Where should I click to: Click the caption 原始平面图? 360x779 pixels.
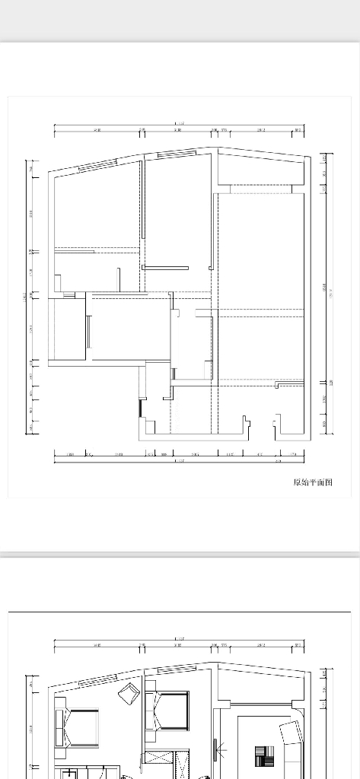pyautogui.click(x=313, y=482)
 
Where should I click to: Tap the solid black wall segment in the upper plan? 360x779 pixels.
pyautogui.click(x=140, y=409)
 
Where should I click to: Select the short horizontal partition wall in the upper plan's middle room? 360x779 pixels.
pyautogui.click(x=165, y=267)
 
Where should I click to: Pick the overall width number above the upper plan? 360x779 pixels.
pyautogui.click(x=180, y=124)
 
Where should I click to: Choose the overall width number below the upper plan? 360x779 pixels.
pyautogui.click(x=180, y=461)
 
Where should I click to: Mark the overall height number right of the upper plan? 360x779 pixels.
pyautogui.click(x=330, y=294)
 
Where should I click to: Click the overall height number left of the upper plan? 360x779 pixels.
pyautogui.click(x=24, y=297)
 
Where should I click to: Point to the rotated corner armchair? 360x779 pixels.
pyautogui.click(x=128, y=693)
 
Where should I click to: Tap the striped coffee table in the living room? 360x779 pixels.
pyautogui.click(x=264, y=758)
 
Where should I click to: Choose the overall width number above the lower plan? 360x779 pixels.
pyautogui.click(x=180, y=638)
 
